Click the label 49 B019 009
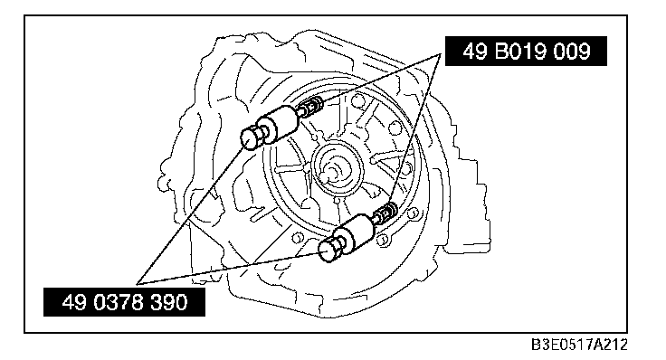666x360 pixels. [x=526, y=51]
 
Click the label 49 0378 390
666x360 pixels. [x=124, y=302]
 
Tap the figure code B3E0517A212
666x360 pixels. [x=579, y=345]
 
